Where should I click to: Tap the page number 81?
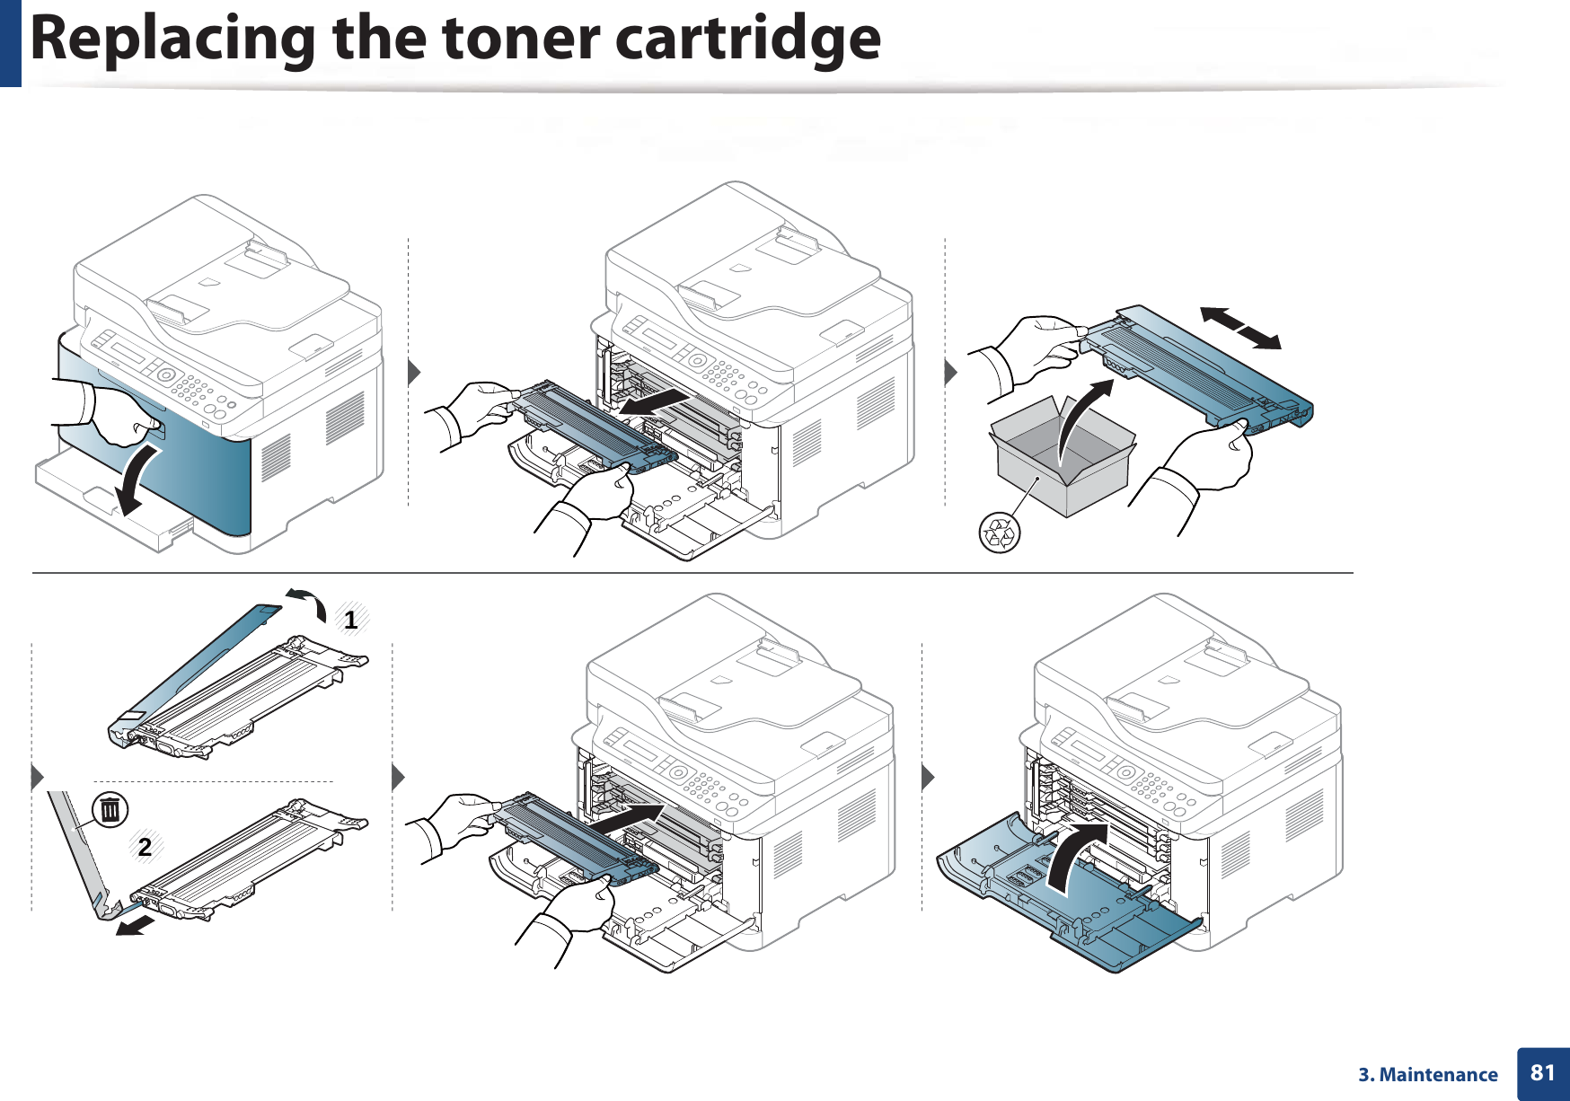click(x=1542, y=1073)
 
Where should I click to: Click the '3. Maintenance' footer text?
click(x=1427, y=1075)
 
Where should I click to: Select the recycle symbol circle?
click(x=999, y=533)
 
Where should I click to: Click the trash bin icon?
click(x=110, y=810)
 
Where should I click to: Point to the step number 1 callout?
click(x=350, y=620)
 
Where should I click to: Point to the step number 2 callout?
click(x=145, y=847)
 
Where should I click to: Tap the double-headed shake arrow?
click(x=1240, y=328)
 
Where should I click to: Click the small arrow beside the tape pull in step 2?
click(x=135, y=925)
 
